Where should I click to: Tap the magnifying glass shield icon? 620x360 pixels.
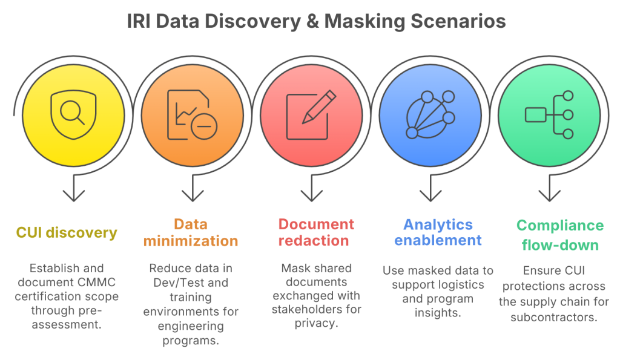tap(74, 113)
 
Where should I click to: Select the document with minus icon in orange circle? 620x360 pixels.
tap(192, 115)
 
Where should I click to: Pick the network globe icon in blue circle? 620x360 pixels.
tap(430, 114)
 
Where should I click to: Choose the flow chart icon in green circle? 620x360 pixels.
tap(549, 114)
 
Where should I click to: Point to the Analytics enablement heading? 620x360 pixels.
tap(438, 232)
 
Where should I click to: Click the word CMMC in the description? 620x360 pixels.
tap(97, 282)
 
